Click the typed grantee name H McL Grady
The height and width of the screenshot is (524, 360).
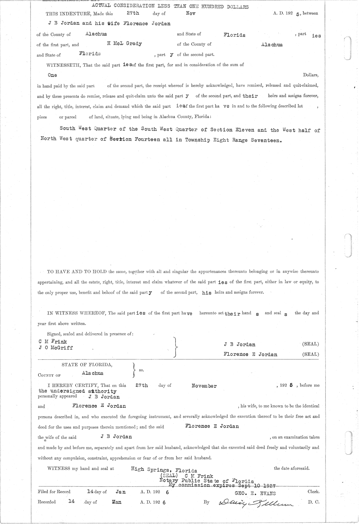(x=124, y=44)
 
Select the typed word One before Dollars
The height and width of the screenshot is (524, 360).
(x=52, y=75)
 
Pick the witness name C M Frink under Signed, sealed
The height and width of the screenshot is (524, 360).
(x=53, y=341)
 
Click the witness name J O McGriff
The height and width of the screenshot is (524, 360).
(x=56, y=348)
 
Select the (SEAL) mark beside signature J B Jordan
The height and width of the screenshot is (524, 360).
(x=310, y=344)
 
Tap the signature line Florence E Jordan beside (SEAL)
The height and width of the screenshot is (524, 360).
(x=250, y=354)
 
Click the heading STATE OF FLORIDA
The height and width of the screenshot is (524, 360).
(x=87, y=365)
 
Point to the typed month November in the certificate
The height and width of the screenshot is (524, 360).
(x=204, y=386)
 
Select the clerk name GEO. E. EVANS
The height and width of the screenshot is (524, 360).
(x=256, y=493)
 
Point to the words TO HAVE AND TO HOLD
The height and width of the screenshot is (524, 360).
(x=77, y=272)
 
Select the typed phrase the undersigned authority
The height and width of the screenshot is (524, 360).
(x=77, y=391)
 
